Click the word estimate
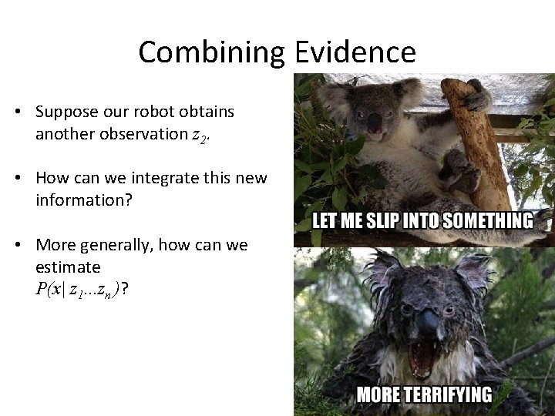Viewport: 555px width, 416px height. click(x=68, y=267)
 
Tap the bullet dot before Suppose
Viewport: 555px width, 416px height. click(x=17, y=112)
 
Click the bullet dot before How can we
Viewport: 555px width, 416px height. click(x=17, y=179)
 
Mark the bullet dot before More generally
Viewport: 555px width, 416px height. click(x=17, y=246)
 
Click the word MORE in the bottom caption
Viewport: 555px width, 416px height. click(x=378, y=396)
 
